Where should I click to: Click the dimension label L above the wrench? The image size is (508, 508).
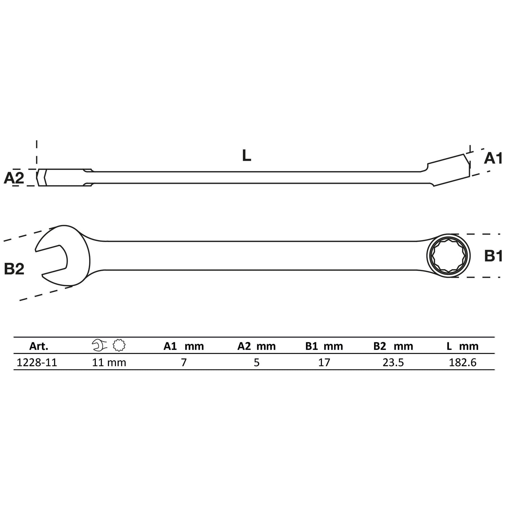(246, 156)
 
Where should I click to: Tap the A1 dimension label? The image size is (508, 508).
(493, 158)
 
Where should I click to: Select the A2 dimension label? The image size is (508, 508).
(14, 178)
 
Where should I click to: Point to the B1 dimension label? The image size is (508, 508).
(493, 256)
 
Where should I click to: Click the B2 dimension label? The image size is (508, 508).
(14, 269)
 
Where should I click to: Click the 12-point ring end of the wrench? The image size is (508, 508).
(448, 256)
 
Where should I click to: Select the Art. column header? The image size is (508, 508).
(38, 346)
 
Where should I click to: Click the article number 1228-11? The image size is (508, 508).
(37, 362)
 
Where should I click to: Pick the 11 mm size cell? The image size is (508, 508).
(109, 362)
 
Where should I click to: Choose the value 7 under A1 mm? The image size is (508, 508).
(184, 362)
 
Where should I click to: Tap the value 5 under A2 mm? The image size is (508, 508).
(257, 362)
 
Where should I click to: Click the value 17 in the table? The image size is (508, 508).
(324, 362)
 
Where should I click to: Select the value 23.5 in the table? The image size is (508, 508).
(393, 362)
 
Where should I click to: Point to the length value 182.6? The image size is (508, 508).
(462, 362)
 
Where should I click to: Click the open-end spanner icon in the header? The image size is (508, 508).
(99, 345)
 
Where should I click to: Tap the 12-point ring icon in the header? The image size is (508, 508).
(119, 345)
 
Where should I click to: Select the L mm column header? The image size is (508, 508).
(462, 346)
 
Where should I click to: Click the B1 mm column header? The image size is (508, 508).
(324, 346)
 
